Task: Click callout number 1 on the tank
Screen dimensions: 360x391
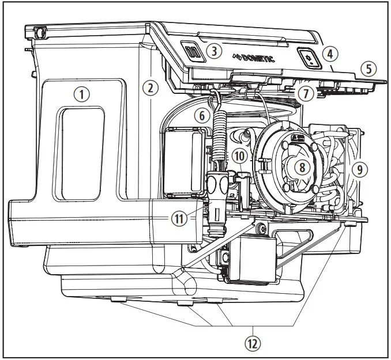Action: point(85,94)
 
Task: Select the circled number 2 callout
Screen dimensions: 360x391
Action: point(150,88)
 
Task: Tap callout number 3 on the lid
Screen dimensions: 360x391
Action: point(214,51)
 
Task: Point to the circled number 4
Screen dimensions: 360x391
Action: point(329,54)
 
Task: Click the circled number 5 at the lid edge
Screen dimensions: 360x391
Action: point(369,69)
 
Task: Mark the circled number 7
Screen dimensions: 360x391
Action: point(305,92)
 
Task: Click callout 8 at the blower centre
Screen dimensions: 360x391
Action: point(300,167)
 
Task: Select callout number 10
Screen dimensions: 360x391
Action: point(239,156)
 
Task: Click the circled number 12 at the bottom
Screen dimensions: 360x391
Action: point(252,344)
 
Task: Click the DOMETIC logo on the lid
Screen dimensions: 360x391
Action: point(254,58)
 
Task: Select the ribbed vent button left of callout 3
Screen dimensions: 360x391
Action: point(193,52)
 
